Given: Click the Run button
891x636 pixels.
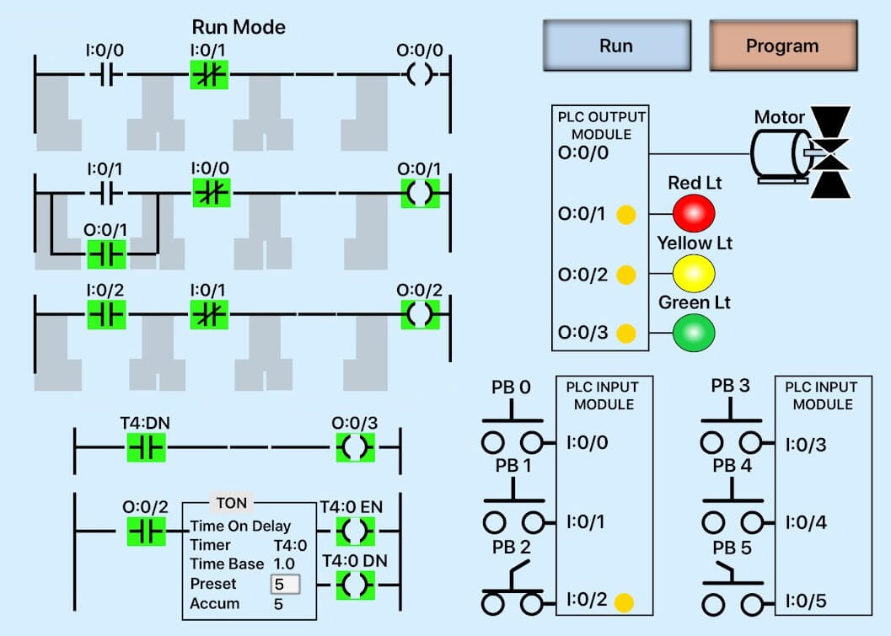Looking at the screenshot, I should [x=615, y=45].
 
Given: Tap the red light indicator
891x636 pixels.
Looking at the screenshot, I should [x=693, y=213].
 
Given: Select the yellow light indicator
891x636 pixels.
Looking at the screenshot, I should [x=693, y=273].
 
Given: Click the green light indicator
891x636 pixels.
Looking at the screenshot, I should [x=693, y=333].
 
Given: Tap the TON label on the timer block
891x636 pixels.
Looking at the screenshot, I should [x=231, y=503].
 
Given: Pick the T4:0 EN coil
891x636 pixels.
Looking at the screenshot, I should [x=355, y=532].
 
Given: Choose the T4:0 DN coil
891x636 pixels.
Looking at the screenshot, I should [x=355, y=585].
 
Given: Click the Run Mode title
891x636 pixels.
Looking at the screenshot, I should [x=239, y=27].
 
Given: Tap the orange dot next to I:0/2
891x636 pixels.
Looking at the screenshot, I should [x=624, y=603].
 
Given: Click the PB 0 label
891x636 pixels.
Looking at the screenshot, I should [x=511, y=388].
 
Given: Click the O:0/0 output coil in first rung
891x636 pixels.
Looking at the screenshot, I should [x=419, y=75].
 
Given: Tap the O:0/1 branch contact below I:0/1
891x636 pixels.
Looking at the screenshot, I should [x=106, y=252].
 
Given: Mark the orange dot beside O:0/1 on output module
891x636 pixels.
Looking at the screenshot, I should [x=625, y=214].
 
